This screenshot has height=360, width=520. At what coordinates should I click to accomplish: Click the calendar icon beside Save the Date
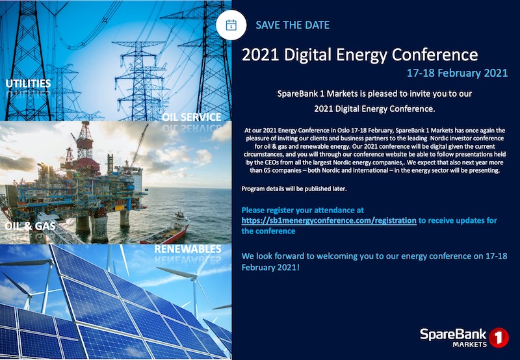231,25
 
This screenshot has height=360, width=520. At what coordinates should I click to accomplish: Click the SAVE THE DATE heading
292,25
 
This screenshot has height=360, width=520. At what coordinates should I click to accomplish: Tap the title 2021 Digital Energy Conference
359,55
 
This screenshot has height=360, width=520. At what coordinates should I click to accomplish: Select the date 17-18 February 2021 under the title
457,73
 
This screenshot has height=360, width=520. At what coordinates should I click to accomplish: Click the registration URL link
328,220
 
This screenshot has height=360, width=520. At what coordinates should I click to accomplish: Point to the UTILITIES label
28,84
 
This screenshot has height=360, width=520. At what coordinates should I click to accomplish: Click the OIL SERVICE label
192,117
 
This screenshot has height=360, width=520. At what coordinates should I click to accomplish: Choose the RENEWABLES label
188,249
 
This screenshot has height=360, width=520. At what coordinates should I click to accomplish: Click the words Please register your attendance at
302,210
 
